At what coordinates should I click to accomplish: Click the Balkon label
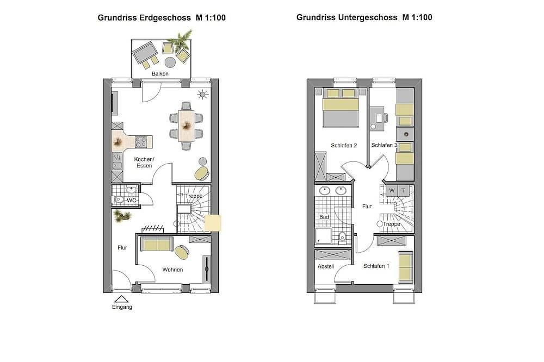point(160,73)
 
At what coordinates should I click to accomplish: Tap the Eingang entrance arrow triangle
point(121,299)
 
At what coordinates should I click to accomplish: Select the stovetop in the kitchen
point(140,142)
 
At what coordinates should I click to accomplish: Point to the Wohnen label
point(172,270)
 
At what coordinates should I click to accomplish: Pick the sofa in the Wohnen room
point(157,244)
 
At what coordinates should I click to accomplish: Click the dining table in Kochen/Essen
point(186,126)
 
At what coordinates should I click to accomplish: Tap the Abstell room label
point(326,266)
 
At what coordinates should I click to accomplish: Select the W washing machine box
point(392,191)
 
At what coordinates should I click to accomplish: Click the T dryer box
point(403,191)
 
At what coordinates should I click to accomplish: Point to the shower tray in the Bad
point(324,236)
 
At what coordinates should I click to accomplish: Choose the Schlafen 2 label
point(344,146)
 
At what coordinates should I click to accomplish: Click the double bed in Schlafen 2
point(341,108)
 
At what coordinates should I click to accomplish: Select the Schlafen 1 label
point(376,266)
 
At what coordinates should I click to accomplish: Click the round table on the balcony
point(170,63)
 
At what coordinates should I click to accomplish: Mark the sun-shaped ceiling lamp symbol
point(202,95)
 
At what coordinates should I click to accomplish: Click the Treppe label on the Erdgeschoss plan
point(194,196)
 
